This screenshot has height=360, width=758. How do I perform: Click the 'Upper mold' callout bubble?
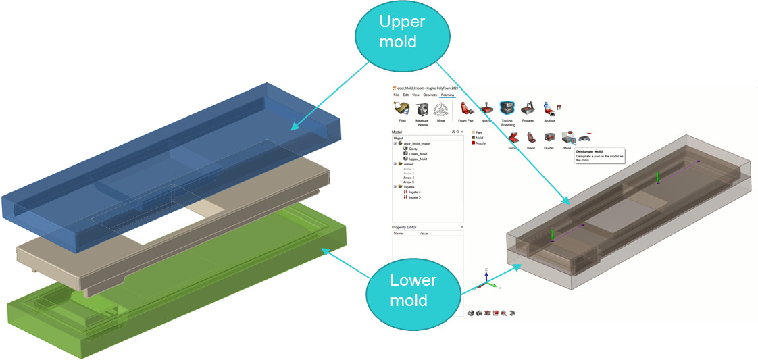(x=401, y=31)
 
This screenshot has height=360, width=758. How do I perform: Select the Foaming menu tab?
(x=447, y=95)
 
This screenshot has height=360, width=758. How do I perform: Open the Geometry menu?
(x=430, y=95)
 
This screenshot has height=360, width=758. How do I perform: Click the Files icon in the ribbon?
(x=402, y=109)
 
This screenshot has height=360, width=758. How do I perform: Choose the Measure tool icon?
(x=423, y=109)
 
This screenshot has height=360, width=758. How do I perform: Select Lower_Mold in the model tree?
(x=418, y=154)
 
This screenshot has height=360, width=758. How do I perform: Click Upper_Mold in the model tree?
(x=418, y=159)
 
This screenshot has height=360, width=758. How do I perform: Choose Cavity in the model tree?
(x=413, y=149)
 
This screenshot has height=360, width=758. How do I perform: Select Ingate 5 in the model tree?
(x=414, y=197)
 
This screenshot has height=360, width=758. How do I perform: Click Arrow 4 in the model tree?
(x=409, y=178)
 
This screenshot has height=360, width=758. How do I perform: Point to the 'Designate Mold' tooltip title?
(x=589, y=152)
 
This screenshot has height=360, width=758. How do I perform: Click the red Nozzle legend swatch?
(x=474, y=143)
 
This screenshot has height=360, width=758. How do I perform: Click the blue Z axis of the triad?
(x=486, y=274)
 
